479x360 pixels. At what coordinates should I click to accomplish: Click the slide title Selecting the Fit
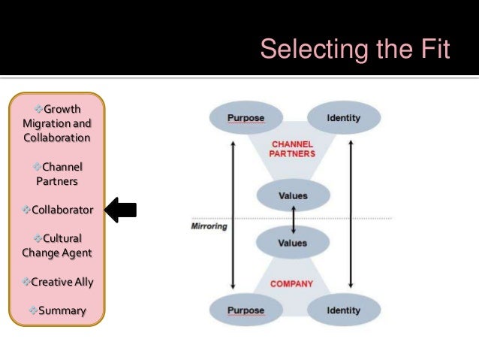pyautogui.click(x=354, y=50)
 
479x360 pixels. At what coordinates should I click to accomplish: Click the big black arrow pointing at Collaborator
pyautogui.click(x=120, y=209)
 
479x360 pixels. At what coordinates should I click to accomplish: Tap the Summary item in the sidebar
pyautogui.click(x=58, y=310)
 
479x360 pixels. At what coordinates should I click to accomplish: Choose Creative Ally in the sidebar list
pyautogui.click(x=58, y=281)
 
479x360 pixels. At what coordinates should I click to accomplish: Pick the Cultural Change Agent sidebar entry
pyautogui.click(x=58, y=245)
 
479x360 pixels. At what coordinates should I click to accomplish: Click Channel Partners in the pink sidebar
pyautogui.click(x=58, y=174)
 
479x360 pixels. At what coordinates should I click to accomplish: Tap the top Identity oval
pyautogui.click(x=344, y=118)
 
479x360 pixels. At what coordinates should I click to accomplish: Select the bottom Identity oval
pyautogui.click(x=344, y=310)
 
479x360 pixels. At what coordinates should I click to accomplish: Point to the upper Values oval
pyautogui.click(x=293, y=195)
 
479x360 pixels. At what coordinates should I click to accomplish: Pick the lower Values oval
pyautogui.click(x=293, y=244)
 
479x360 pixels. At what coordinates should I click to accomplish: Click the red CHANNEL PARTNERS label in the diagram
pyautogui.click(x=294, y=147)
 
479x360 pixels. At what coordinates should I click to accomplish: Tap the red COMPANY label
pyautogui.click(x=291, y=285)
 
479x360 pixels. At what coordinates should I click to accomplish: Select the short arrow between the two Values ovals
pyautogui.click(x=293, y=219)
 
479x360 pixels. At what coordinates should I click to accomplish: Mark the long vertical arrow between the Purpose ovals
pyautogui.click(x=233, y=214)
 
